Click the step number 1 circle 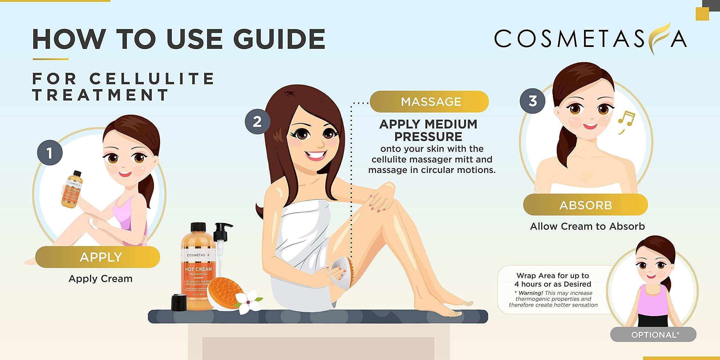point(50,153)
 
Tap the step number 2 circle point(257,122)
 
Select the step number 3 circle point(532,101)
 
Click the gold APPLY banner point(98,257)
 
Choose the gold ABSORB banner point(585,205)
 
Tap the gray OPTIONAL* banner point(653,335)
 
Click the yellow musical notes point(625,121)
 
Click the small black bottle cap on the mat point(179,302)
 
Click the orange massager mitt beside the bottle point(225,292)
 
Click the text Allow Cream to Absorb point(587,226)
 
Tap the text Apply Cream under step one point(100,279)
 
